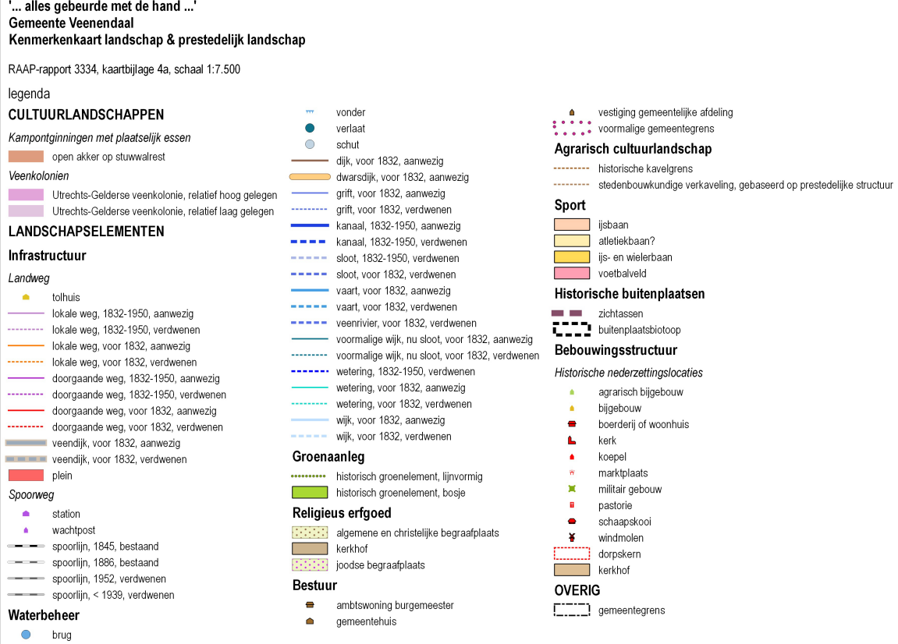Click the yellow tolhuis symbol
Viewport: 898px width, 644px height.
point(26,297)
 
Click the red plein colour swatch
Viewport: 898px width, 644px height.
point(26,475)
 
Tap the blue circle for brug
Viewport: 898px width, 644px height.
point(26,635)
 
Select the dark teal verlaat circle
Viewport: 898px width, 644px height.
point(310,128)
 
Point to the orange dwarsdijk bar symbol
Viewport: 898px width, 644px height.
point(310,177)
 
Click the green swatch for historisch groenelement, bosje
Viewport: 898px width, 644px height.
point(310,492)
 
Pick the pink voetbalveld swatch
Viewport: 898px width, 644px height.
point(572,273)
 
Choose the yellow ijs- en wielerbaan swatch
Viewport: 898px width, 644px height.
point(572,257)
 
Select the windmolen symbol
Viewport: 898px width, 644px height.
point(572,537)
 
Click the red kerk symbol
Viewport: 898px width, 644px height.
point(571,441)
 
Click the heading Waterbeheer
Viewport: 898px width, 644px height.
point(44,615)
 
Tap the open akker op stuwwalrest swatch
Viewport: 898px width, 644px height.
point(26,156)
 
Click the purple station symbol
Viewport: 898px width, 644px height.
point(26,514)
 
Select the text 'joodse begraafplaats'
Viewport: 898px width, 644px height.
point(380,565)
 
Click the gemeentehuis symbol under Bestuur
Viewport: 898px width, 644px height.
point(310,621)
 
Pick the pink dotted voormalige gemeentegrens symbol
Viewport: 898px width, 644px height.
point(572,128)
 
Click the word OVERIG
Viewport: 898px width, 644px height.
point(577,590)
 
